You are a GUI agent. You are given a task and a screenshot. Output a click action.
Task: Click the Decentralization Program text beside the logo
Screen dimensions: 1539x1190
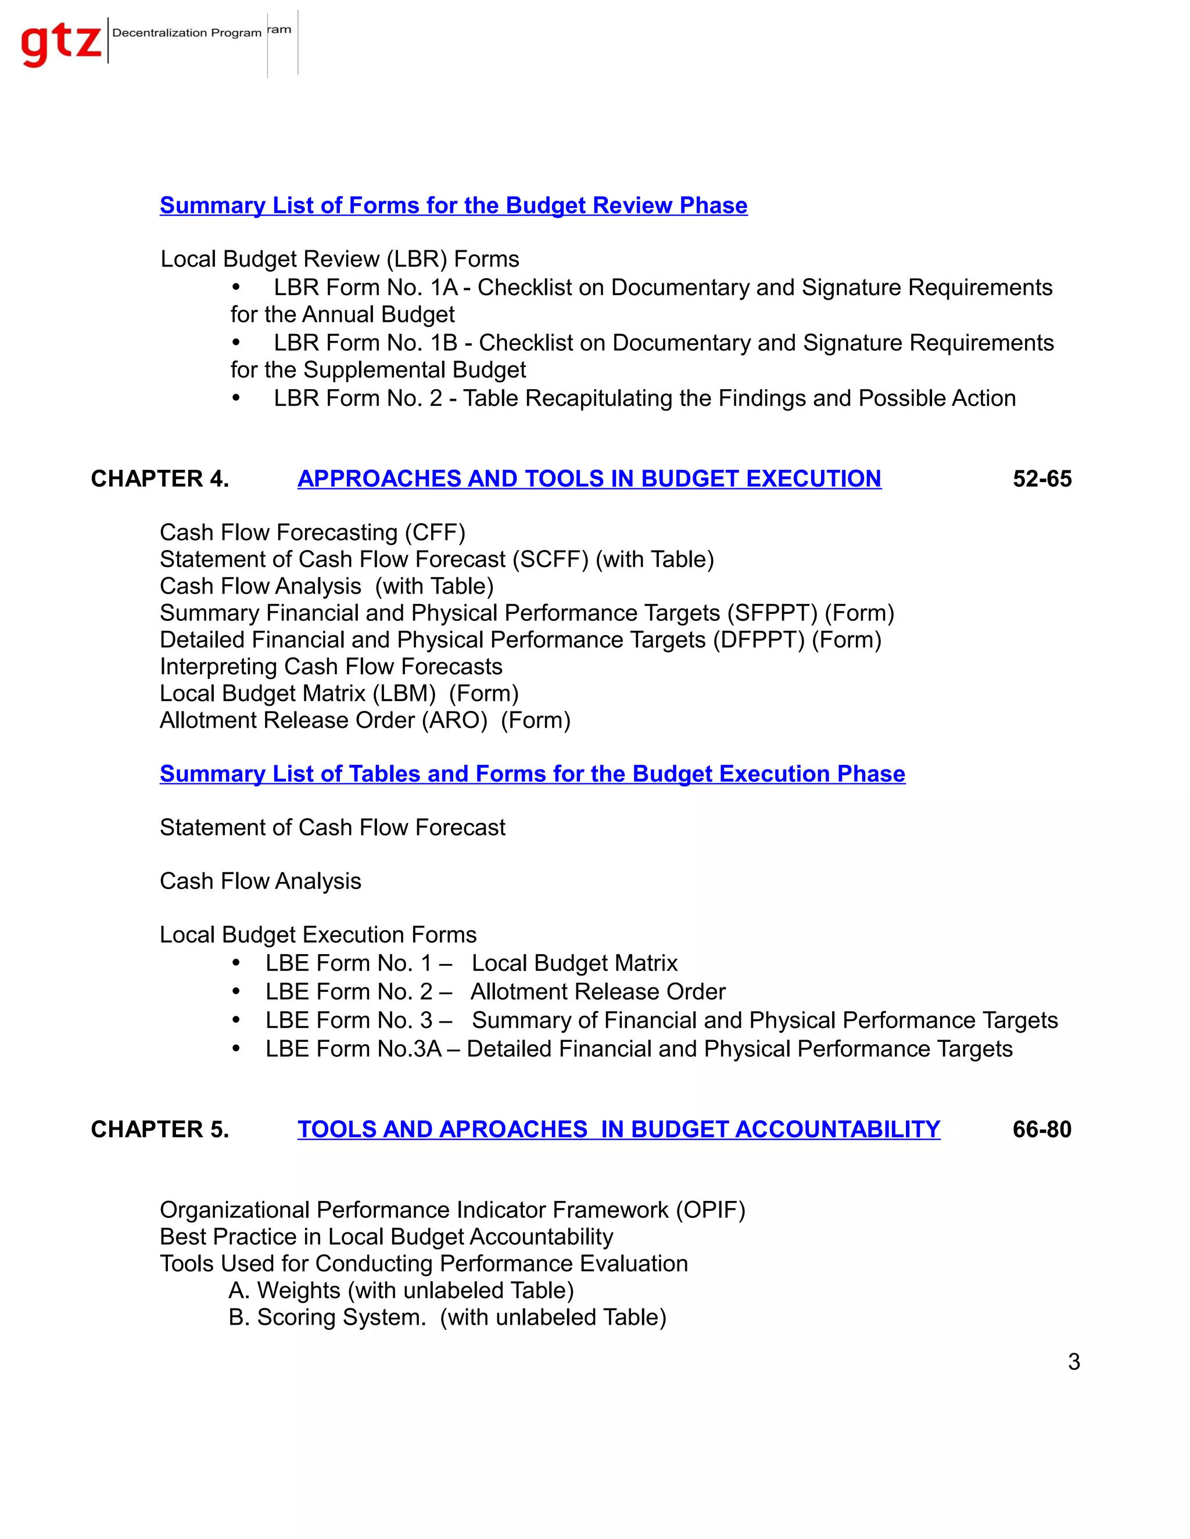[187, 33]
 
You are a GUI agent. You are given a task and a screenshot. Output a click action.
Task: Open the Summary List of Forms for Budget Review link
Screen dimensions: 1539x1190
[453, 205]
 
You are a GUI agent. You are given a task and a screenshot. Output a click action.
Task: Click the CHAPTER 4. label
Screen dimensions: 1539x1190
[160, 479]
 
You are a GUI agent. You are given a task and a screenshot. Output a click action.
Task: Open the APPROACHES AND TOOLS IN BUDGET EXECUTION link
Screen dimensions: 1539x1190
[589, 479]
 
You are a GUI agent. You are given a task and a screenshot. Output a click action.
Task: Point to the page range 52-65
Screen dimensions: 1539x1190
[1041, 479]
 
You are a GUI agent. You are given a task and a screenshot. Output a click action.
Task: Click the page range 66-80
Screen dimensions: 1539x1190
[1041, 1130]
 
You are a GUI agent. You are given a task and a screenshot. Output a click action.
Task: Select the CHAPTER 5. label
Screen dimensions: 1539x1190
[160, 1130]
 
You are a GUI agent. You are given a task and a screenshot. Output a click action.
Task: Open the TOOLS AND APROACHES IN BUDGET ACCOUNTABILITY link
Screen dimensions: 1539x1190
[618, 1130]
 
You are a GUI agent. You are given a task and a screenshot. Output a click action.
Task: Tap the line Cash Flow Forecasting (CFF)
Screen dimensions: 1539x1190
[312, 532]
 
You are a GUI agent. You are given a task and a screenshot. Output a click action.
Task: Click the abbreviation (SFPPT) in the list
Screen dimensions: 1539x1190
[772, 613]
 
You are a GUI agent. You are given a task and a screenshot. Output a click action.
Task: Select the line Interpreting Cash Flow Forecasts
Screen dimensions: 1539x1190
[331, 667]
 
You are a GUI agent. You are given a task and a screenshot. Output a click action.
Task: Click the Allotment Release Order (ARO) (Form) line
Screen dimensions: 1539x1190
[364, 720]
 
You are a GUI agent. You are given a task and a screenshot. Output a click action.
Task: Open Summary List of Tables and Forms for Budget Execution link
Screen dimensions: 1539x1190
[532, 774]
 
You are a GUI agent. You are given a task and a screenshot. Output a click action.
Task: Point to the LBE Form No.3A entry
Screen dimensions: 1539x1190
[638, 1049]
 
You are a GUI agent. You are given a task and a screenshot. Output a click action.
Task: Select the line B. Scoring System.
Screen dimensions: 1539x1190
[447, 1317]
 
